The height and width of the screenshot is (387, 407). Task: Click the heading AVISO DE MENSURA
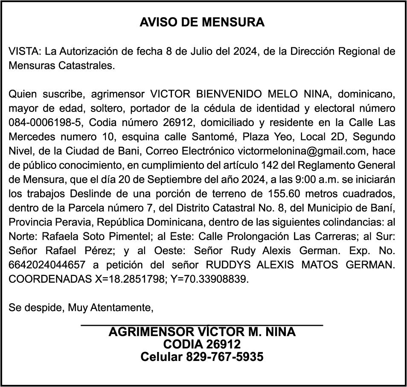202,23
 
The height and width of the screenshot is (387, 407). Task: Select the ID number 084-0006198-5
45,123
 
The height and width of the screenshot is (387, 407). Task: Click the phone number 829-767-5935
224,357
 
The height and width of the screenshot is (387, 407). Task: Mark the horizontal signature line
202,326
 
